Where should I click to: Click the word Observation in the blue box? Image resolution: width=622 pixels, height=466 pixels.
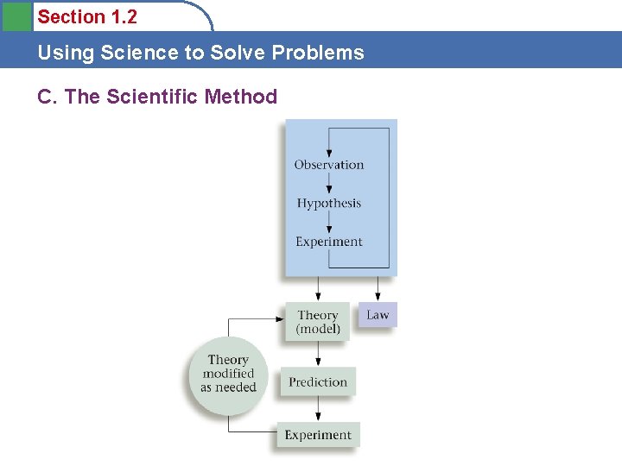(329, 165)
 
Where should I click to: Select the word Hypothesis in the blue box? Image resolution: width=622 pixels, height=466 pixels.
(329, 204)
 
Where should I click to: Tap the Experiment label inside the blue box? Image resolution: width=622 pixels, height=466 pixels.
(329, 242)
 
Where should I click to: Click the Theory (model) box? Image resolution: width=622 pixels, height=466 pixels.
(318, 321)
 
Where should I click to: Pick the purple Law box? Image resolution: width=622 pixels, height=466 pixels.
(378, 315)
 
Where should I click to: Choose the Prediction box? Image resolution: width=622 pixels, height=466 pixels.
(318, 382)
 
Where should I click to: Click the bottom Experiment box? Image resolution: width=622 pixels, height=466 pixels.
(318, 435)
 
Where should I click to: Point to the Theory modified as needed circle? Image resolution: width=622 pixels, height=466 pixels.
(228, 374)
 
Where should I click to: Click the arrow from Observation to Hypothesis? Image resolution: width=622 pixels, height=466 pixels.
(329, 185)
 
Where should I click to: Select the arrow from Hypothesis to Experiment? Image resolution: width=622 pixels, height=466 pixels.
(329, 224)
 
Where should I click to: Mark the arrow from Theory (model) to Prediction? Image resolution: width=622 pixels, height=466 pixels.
(318, 353)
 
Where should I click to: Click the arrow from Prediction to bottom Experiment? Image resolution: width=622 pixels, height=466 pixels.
(318, 409)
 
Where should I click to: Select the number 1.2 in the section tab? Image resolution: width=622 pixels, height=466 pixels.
(124, 17)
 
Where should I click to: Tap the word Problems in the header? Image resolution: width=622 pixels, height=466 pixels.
(318, 53)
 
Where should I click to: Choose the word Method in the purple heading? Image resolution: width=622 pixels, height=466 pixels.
(242, 97)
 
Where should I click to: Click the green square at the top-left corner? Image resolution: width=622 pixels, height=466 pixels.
(16, 16)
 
